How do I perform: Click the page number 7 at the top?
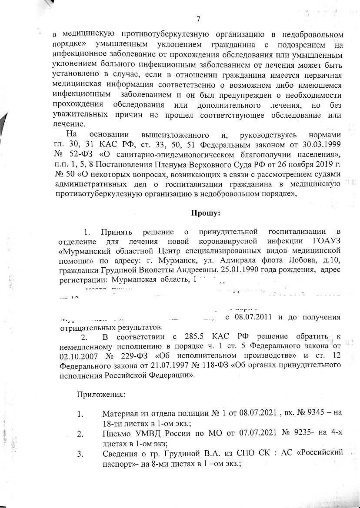point(198,19)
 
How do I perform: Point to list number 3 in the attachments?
point(80,454)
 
